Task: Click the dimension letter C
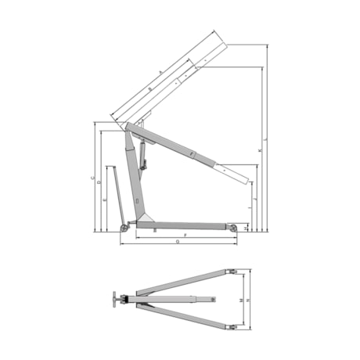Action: click(x=93, y=178)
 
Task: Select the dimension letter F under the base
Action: click(x=185, y=235)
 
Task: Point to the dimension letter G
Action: click(x=179, y=243)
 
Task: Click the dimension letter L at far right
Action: click(x=268, y=139)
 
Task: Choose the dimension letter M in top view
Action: click(x=239, y=300)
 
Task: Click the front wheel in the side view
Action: click(x=232, y=228)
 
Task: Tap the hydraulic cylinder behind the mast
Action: click(x=144, y=153)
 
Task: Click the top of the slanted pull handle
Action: click(x=111, y=166)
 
